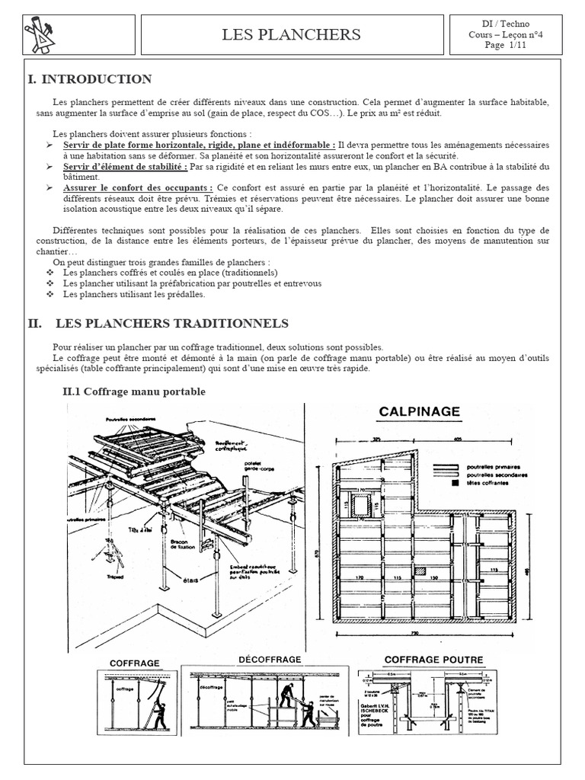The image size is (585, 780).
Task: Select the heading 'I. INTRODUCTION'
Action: click(x=90, y=79)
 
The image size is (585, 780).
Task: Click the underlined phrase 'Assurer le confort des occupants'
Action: click(x=137, y=187)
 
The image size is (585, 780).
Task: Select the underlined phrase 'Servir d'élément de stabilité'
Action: click(x=125, y=166)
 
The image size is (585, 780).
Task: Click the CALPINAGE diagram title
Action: click(x=420, y=411)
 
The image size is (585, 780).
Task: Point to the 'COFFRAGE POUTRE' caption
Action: click(x=433, y=660)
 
